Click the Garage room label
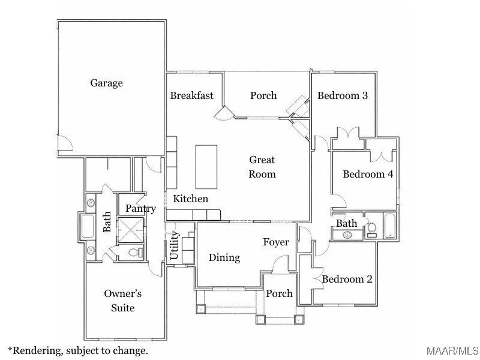(x=106, y=83)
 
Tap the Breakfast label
(x=191, y=95)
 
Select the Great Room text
(x=262, y=167)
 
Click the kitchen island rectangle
(x=206, y=167)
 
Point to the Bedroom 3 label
(x=342, y=95)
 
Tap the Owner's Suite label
(x=122, y=301)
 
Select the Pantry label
(x=140, y=209)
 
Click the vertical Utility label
(x=174, y=245)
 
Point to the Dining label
(x=224, y=257)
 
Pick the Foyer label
(x=275, y=242)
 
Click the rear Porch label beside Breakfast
(x=263, y=95)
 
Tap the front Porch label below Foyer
(x=279, y=293)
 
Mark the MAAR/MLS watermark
(x=452, y=350)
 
